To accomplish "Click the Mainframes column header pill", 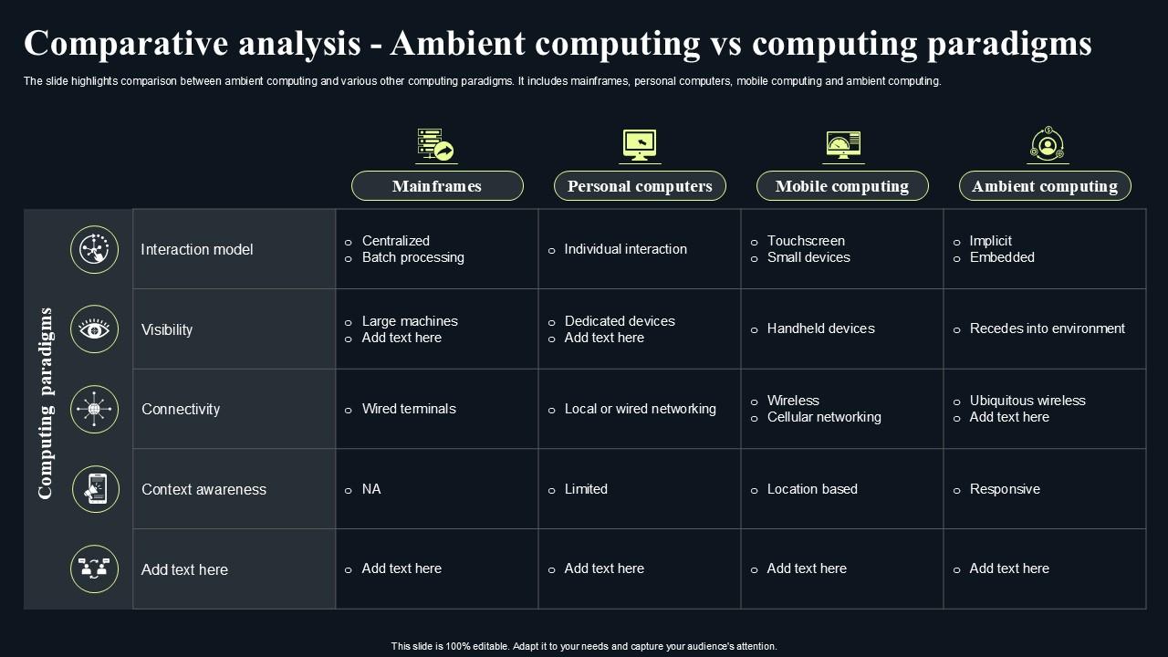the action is [x=437, y=185].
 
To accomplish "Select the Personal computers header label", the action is [x=640, y=185].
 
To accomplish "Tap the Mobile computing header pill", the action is [x=842, y=185].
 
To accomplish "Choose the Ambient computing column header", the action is [x=1045, y=185].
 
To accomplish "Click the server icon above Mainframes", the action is [x=436, y=144].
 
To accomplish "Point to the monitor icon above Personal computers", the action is [x=640, y=145].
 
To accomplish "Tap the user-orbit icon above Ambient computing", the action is [x=1047, y=144].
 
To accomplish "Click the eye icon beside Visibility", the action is [x=94, y=329].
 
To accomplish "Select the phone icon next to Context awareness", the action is [x=96, y=489].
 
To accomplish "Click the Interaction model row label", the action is [x=196, y=249].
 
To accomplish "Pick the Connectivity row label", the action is [x=181, y=409].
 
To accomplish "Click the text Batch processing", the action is [x=413, y=257].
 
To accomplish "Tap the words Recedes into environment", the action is [x=1047, y=328].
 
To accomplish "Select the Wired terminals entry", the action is [x=409, y=408].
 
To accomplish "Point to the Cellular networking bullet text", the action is [x=824, y=417].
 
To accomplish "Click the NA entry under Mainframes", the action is [x=371, y=488].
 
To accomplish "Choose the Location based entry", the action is [x=812, y=488].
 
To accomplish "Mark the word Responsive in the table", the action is [x=1005, y=489].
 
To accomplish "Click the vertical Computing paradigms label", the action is [x=46, y=403].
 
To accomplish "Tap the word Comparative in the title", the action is [x=126, y=43].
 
